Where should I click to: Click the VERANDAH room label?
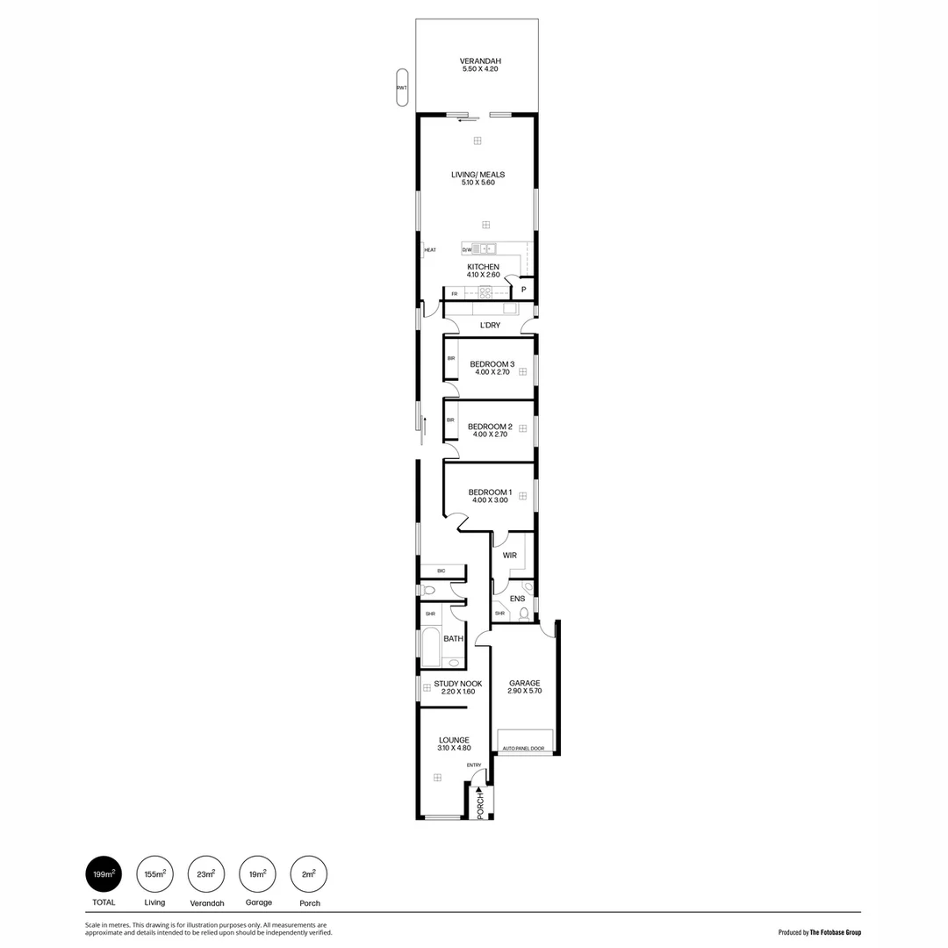click(480, 61)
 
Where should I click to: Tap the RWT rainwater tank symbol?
click(401, 88)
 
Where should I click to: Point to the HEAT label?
click(430, 250)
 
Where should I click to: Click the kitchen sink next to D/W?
click(485, 249)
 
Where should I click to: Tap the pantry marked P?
click(524, 290)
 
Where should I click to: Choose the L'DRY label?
click(490, 327)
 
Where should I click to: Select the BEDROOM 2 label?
click(489, 427)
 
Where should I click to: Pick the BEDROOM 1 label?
click(489, 492)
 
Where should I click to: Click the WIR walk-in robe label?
click(509, 556)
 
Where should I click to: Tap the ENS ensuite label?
click(518, 599)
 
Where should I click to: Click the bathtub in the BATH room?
click(430, 648)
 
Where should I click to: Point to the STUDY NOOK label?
click(457, 683)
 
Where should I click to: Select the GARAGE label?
click(524, 683)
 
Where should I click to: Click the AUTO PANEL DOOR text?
click(523, 750)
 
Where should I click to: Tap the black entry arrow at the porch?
click(479, 790)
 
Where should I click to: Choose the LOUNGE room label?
click(454, 740)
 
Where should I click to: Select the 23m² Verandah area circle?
click(207, 875)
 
